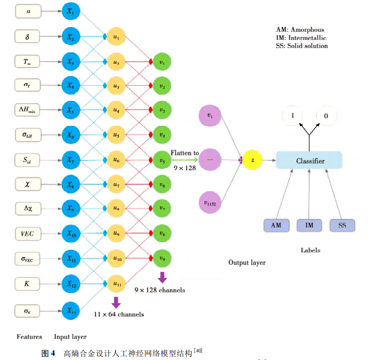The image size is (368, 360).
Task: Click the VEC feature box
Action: click(x=28, y=234)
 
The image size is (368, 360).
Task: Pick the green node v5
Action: click(x=162, y=161)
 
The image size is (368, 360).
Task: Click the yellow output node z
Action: click(x=252, y=160)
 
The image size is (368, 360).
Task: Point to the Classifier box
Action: click(x=309, y=161)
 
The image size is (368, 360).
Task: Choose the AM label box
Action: click(x=276, y=225)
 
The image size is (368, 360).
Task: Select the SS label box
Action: click(x=342, y=225)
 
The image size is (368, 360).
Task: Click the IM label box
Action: click(x=309, y=225)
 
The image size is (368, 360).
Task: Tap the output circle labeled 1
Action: click(x=293, y=116)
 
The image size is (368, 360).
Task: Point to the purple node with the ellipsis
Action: click(x=210, y=159)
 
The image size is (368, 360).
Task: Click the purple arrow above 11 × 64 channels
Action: click(x=116, y=302)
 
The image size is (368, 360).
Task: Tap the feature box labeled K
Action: click(x=28, y=283)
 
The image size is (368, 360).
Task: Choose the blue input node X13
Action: click(x=70, y=310)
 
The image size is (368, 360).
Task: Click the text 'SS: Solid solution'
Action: click(x=302, y=46)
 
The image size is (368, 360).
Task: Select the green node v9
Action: click(x=162, y=257)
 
